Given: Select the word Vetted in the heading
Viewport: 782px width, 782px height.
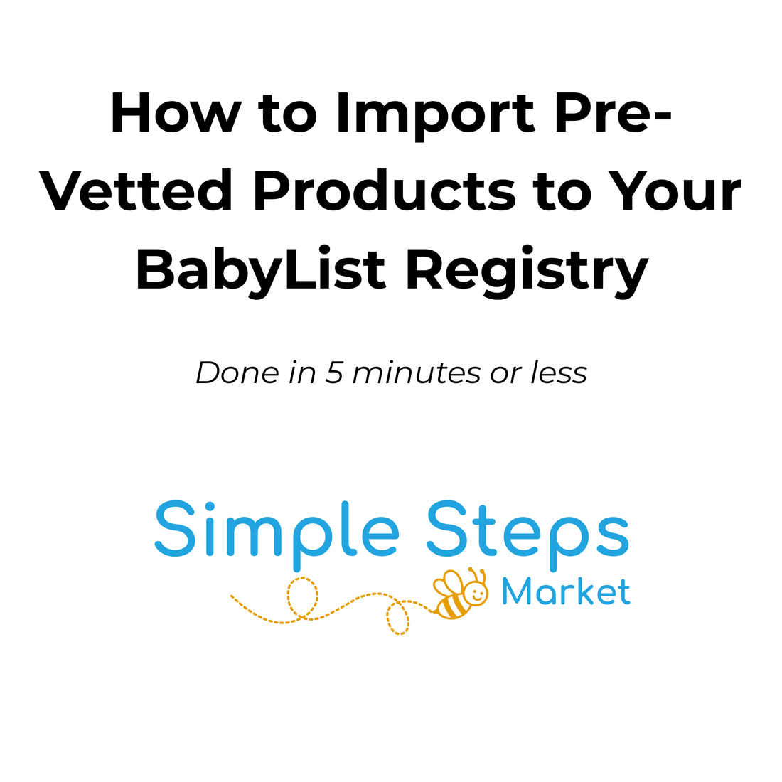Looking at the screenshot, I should click(x=135, y=192).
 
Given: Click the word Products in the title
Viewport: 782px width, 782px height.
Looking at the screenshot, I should click(x=384, y=192).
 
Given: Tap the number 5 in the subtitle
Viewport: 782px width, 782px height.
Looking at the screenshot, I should click(x=333, y=373).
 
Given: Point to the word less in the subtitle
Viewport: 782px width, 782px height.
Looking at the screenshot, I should click(x=559, y=373).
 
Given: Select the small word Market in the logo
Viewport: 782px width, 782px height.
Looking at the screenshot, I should click(x=566, y=591).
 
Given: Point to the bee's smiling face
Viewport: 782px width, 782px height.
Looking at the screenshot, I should click(x=476, y=594).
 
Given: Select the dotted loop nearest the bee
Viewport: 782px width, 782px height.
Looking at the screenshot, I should click(x=398, y=617).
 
